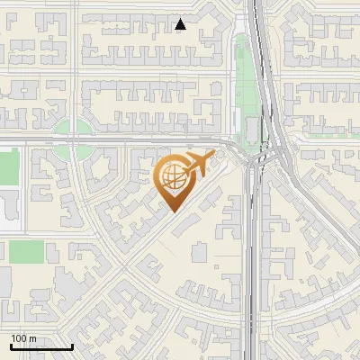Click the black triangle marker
[x=181, y=24]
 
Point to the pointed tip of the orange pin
[x=174, y=212]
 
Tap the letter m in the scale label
[x=33, y=338]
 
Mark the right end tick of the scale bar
[x=71, y=346]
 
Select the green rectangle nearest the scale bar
[x=26, y=251]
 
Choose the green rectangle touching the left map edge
[x=8, y=166]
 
